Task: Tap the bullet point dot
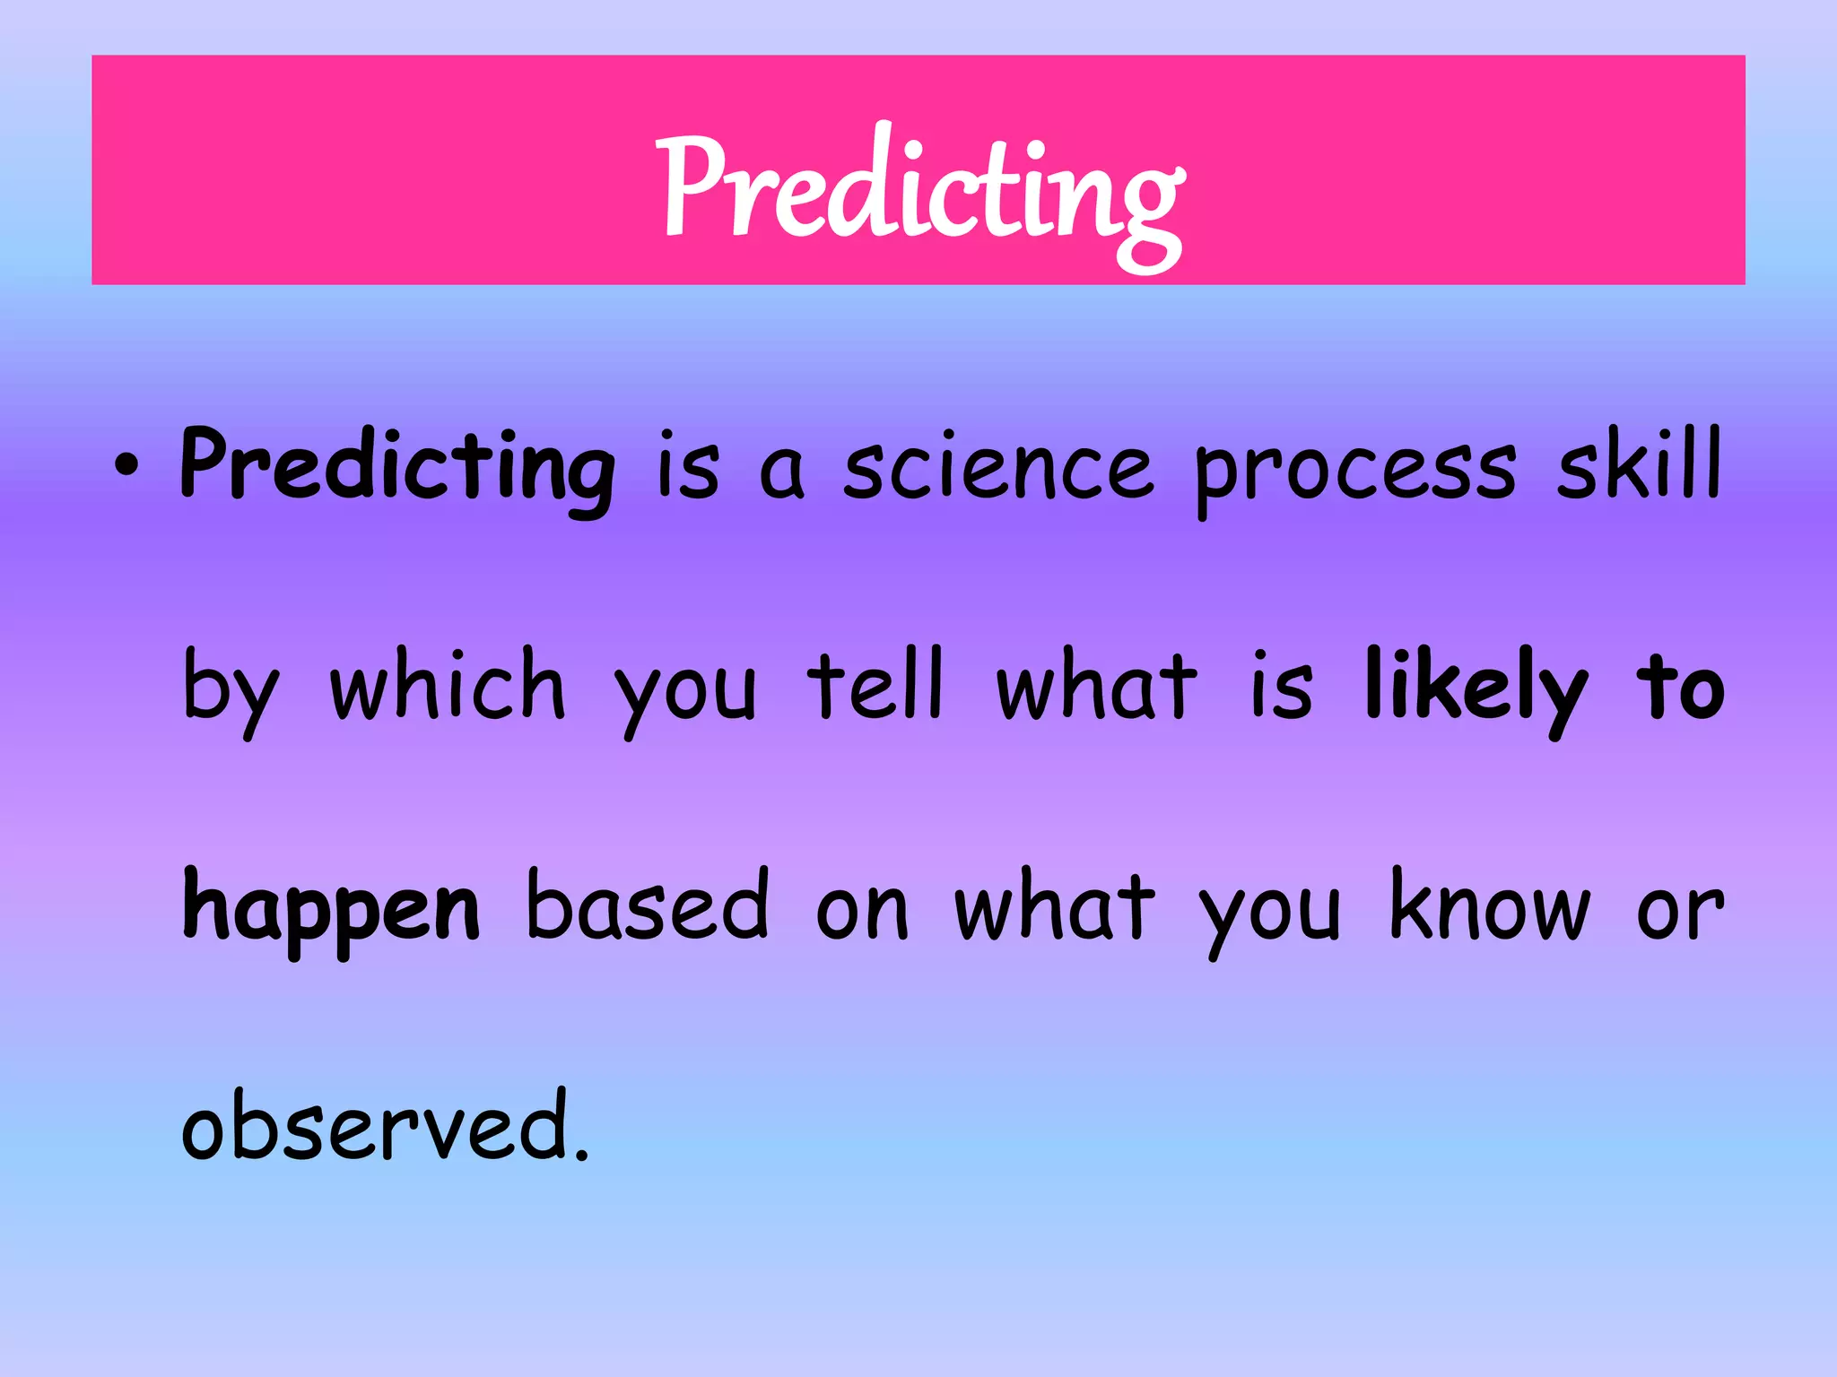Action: [126, 466]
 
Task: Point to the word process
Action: [1354, 471]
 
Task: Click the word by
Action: [231, 688]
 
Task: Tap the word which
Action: [448, 685]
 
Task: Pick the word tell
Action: [875, 685]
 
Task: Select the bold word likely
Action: [1476, 688]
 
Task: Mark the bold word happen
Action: [331, 909]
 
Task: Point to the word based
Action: [647, 905]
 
